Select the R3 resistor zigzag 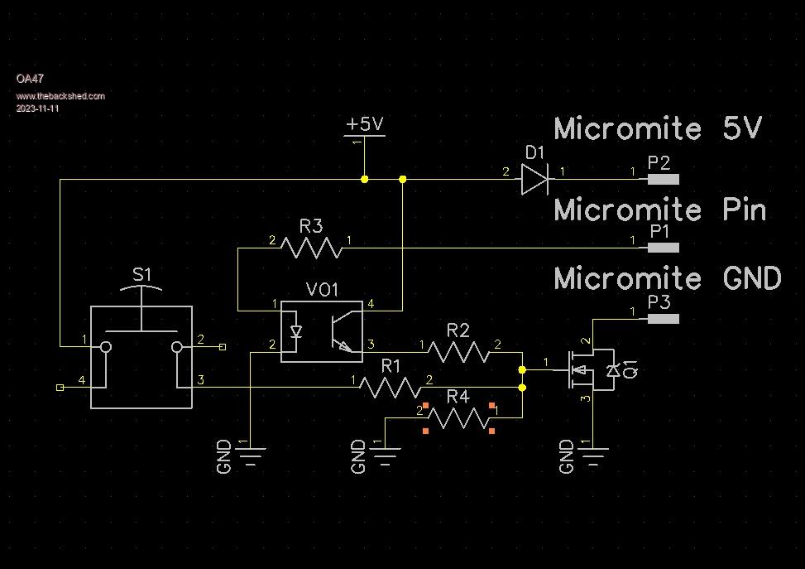[311, 247]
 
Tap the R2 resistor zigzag [458, 352]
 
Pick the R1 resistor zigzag [391, 386]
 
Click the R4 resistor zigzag [458, 418]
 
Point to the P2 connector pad [663, 179]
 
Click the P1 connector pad [663, 248]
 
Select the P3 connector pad [663, 319]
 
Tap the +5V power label [365, 124]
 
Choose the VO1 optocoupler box [322, 331]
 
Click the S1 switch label [142, 274]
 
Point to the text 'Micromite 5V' [658, 128]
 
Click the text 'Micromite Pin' [660, 210]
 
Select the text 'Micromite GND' [667, 278]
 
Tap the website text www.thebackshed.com [60, 96]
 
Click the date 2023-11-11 [37, 108]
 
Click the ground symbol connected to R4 [386, 453]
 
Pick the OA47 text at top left [30, 79]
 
